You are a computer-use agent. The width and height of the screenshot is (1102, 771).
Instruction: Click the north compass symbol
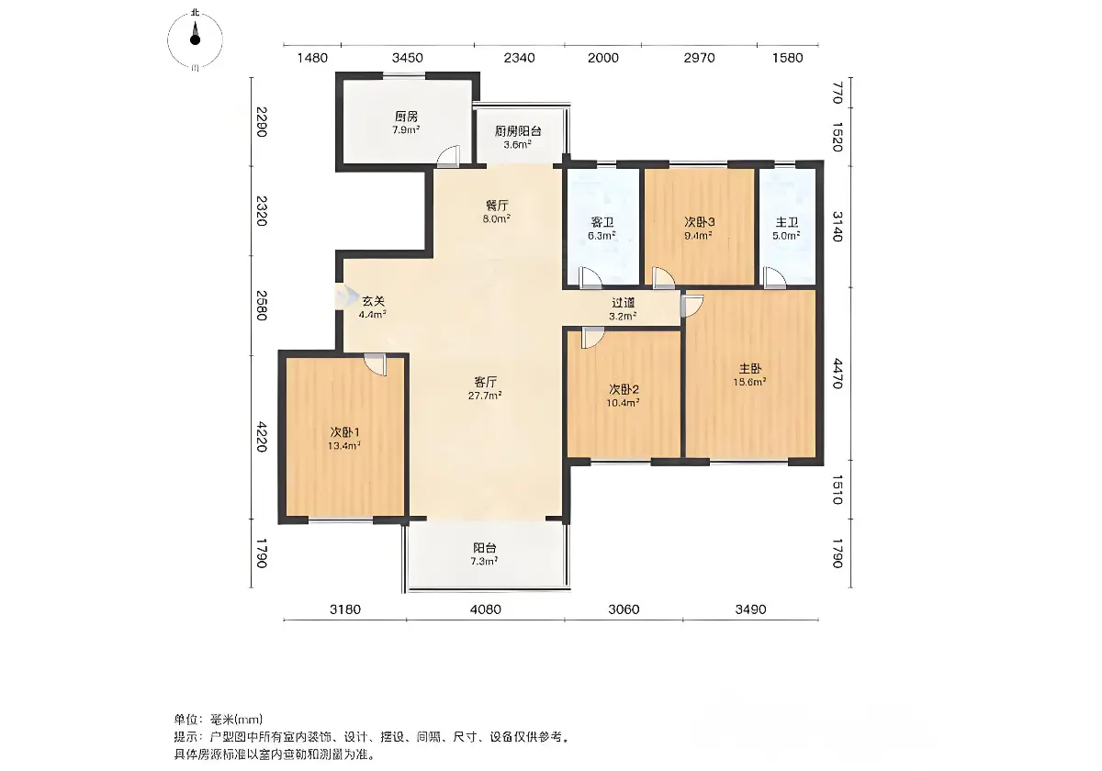click(196, 39)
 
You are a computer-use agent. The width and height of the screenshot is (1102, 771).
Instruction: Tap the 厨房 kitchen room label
click(406, 117)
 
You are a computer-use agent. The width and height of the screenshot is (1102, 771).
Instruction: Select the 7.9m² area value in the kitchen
click(406, 130)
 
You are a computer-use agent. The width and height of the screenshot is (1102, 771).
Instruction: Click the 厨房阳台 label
click(518, 131)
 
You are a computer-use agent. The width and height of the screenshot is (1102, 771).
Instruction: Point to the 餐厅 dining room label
click(497, 206)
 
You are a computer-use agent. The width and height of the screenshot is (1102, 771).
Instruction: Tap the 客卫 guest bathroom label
click(602, 222)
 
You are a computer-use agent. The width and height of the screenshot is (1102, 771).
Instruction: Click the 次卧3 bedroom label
click(700, 222)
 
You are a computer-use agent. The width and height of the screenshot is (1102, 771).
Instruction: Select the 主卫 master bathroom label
click(787, 222)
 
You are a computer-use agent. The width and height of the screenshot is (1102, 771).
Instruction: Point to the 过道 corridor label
click(623, 303)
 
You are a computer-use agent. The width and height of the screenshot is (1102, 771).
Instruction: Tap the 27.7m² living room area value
click(485, 396)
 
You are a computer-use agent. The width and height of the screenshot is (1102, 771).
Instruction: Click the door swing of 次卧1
click(376, 365)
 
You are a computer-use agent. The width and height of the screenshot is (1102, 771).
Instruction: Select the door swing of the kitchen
click(449, 157)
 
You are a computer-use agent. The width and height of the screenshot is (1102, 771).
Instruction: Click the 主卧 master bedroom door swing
click(692, 306)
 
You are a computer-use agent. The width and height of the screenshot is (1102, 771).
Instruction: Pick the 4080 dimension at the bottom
click(486, 609)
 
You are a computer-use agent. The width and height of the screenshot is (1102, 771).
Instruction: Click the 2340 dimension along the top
click(520, 58)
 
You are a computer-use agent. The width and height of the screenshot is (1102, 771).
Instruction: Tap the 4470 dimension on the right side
click(838, 374)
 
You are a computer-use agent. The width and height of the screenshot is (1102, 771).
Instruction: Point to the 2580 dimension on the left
click(262, 306)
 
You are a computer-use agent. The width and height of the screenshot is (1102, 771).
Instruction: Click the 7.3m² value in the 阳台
click(485, 562)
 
